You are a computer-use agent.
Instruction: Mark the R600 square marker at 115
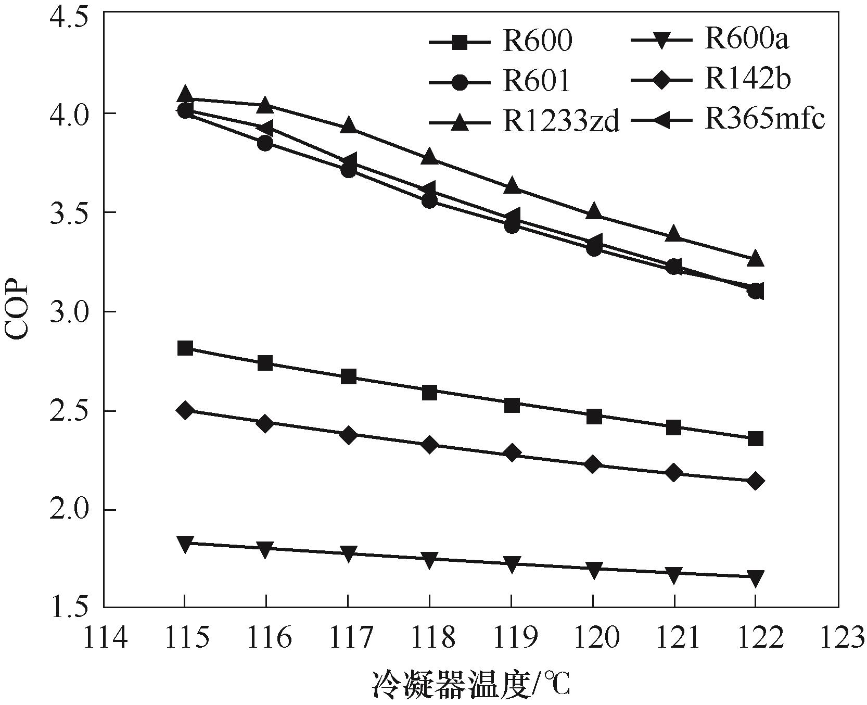(x=185, y=348)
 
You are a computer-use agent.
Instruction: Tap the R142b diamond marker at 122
(x=756, y=481)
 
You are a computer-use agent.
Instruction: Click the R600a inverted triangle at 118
(x=429, y=561)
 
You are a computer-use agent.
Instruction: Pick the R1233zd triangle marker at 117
(x=349, y=125)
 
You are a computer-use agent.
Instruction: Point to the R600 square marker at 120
(x=594, y=417)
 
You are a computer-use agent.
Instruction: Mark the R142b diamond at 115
(x=185, y=410)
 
